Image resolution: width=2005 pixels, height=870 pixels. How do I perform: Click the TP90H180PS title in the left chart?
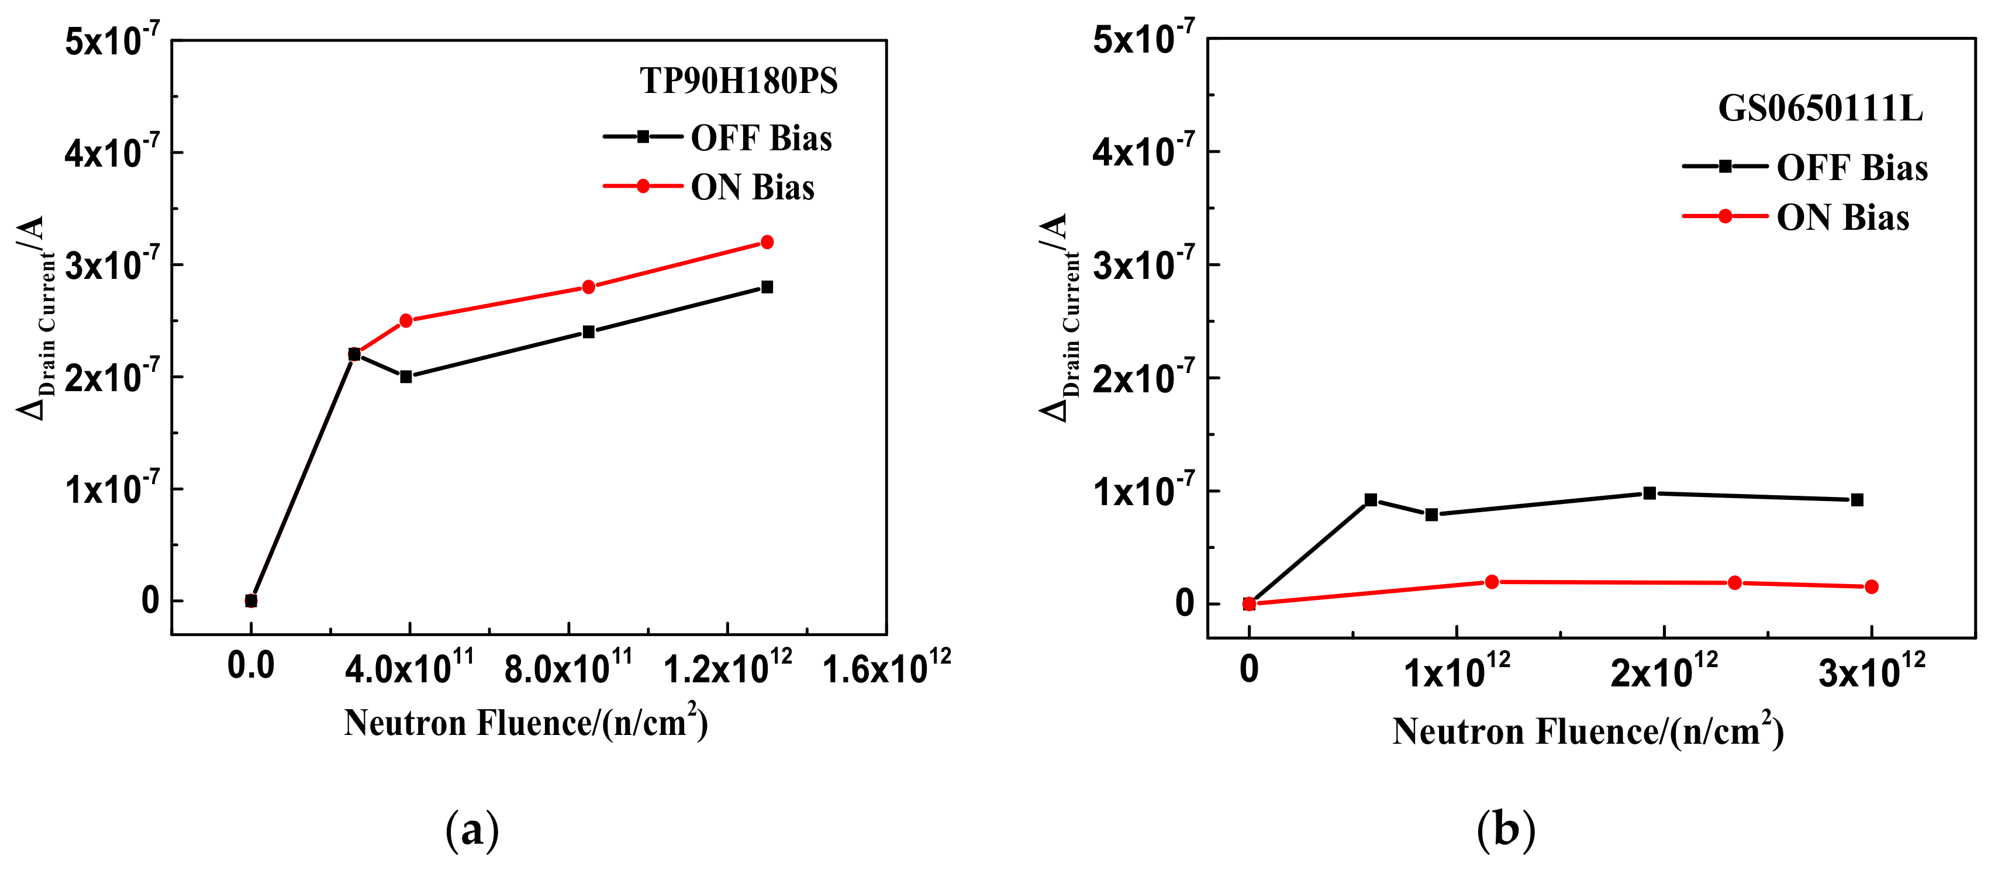coord(738,81)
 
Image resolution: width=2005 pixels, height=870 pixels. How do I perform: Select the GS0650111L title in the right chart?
coord(1820,108)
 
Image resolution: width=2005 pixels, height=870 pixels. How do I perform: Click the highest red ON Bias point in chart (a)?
coord(767,242)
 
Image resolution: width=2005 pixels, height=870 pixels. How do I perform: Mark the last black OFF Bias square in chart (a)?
coord(767,287)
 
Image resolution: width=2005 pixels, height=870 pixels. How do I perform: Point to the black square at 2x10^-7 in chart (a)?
coord(406,377)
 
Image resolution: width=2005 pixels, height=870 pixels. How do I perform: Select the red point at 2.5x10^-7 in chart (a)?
coord(406,320)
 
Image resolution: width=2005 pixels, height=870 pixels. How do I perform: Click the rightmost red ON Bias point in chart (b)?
coord(1871,587)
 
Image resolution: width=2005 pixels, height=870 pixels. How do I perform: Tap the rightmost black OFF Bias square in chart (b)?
coord(1857,499)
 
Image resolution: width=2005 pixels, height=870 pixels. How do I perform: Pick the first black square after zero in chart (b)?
coord(1371,499)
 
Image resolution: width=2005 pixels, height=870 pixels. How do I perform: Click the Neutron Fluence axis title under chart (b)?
coord(1588,731)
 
